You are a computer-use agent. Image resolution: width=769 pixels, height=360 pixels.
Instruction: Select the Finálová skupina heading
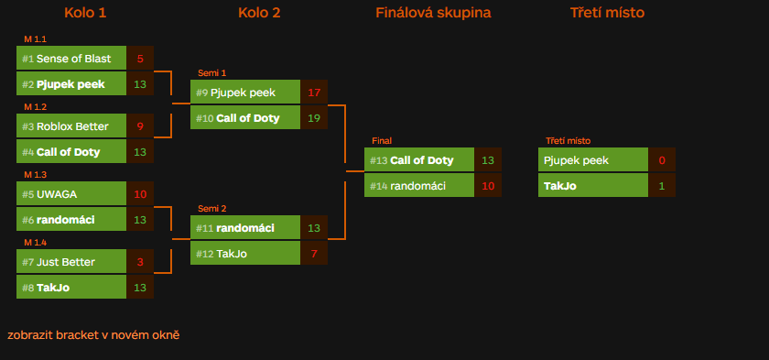pyautogui.click(x=433, y=13)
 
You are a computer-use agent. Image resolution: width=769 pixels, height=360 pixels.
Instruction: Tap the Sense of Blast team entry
pyautogui.click(x=71, y=59)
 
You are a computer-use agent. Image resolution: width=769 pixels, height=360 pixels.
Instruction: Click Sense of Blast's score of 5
pyautogui.click(x=140, y=59)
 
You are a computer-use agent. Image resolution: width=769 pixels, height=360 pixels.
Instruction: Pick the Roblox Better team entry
pyautogui.click(x=71, y=126)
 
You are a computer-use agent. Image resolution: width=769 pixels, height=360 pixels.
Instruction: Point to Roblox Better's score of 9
pyautogui.click(x=140, y=126)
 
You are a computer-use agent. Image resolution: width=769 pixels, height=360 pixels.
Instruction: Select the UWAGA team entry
pyautogui.click(x=71, y=194)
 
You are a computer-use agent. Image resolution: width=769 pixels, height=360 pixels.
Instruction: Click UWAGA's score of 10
pyautogui.click(x=140, y=194)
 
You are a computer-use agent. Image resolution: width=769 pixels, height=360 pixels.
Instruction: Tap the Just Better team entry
pyautogui.click(x=71, y=262)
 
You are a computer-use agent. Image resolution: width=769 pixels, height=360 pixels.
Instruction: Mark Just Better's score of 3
pyautogui.click(x=140, y=262)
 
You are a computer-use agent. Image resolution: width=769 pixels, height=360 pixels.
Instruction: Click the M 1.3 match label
pyautogui.click(x=35, y=175)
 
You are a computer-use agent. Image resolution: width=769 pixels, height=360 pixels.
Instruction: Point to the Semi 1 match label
pyautogui.click(x=211, y=73)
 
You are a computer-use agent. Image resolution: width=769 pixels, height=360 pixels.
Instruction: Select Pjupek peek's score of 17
pyautogui.click(x=314, y=93)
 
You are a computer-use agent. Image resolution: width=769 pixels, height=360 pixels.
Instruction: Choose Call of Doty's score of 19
pyautogui.click(x=314, y=118)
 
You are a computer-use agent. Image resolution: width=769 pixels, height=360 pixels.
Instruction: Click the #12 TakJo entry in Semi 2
pyautogui.click(x=245, y=254)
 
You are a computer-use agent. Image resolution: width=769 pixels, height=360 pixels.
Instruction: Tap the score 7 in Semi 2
pyautogui.click(x=314, y=254)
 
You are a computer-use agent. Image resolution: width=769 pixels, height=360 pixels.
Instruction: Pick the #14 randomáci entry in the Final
pyautogui.click(x=419, y=186)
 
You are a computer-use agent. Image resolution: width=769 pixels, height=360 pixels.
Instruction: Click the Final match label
pyautogui.click(x=382, y=141)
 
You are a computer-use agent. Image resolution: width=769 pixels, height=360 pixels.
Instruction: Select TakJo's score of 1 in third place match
pyautogui.click(x=662, y=186)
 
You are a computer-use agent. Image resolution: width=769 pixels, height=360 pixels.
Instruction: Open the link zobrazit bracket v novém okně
pyautogui.click(x=93, y=335)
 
